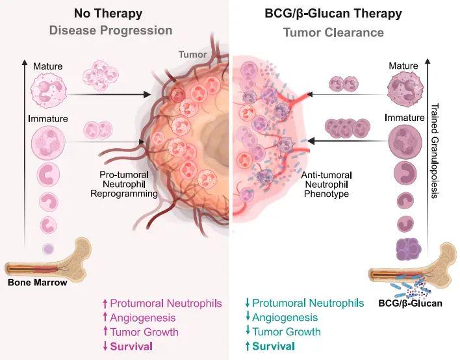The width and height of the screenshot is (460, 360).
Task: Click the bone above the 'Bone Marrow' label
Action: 49,263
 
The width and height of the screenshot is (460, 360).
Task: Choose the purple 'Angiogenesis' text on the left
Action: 143,317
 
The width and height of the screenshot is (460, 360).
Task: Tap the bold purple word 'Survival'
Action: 131,346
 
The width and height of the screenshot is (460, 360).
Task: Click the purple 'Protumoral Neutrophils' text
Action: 166,303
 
